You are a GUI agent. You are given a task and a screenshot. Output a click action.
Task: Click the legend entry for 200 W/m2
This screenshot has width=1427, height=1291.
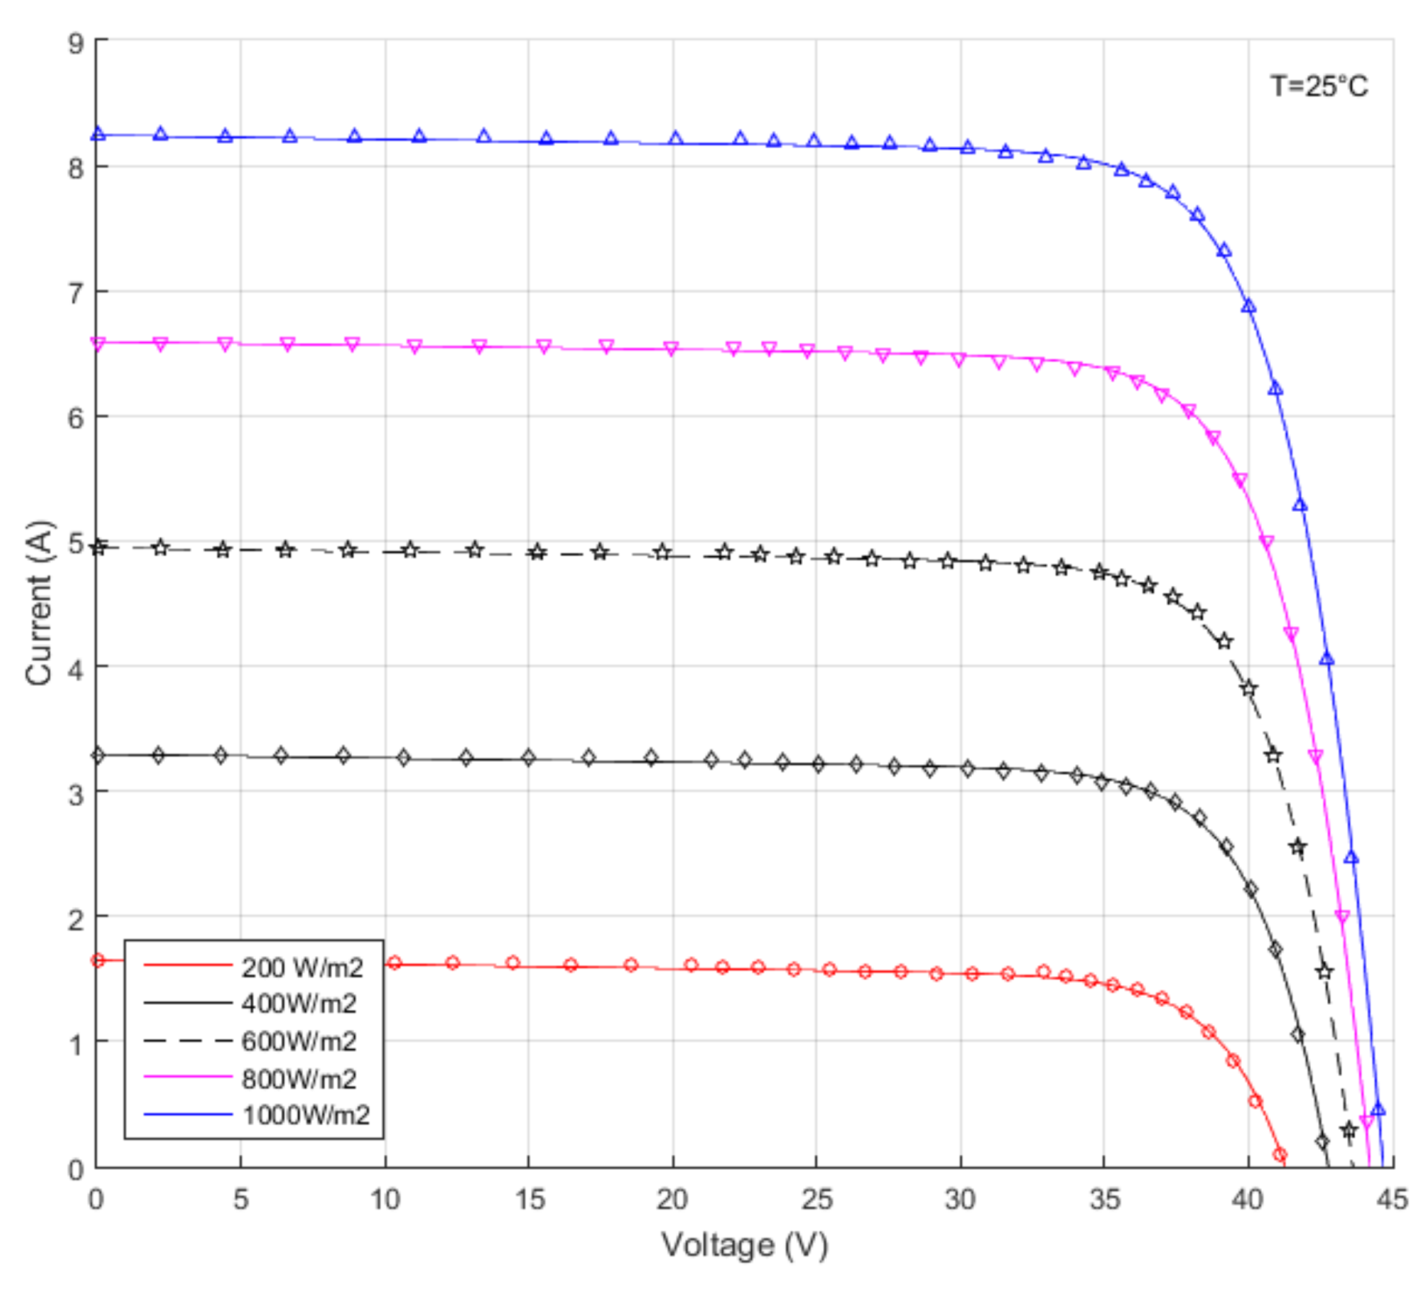tap(302, 968)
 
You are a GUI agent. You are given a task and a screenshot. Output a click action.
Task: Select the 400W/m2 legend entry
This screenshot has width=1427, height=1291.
tap(299, 1003)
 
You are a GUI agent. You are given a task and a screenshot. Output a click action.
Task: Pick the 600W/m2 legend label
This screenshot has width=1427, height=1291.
tap(299, 1041)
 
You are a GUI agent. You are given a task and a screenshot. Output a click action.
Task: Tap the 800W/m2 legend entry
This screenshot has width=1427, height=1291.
tap(299, 1079)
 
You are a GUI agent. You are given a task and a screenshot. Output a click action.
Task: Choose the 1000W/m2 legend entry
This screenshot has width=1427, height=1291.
tap(306, 1115)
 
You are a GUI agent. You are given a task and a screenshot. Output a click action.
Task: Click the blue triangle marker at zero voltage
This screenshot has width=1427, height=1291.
tap(98, 134)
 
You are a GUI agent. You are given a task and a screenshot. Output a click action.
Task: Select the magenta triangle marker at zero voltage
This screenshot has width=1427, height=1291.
tap(98, 344)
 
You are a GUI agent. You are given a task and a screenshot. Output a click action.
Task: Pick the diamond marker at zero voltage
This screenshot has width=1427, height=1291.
tap(98, 756)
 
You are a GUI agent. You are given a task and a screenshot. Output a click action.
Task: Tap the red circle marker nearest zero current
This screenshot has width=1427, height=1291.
tap(1280, 1155)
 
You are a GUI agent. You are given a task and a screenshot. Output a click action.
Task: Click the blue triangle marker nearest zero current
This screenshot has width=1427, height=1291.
tap(1377, 1109)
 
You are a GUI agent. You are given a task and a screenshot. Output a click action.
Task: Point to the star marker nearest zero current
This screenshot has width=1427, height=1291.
tap(1349, 1130)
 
